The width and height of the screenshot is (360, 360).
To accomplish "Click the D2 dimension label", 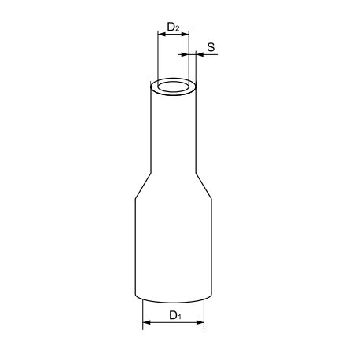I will pyautogui.click(x=174, y=29).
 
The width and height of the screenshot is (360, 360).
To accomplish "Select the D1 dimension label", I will pyautogui.click(x=174, y=316).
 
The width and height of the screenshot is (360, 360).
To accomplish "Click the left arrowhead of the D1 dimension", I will pyautogui.click(x=145, y=323).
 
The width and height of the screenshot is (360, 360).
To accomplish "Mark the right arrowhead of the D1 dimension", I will pyautogui.click(x=201, y=323).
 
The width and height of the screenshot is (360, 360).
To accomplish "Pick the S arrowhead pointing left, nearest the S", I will pyautogui.click(x=199, y=54).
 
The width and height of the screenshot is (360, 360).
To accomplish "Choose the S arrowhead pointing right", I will pyautogui.click(x=185, y=54).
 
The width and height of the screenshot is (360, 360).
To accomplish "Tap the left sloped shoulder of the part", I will pyautogui.click(x=141, y=186).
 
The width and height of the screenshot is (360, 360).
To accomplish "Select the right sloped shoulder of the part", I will pyautogui.click(x=204, y=186).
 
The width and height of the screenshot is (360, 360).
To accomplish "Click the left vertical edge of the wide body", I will pyautogui.click(x=134, y=248).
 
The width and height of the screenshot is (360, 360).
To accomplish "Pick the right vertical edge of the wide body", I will pyautogui.click(x=211, y=248).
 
